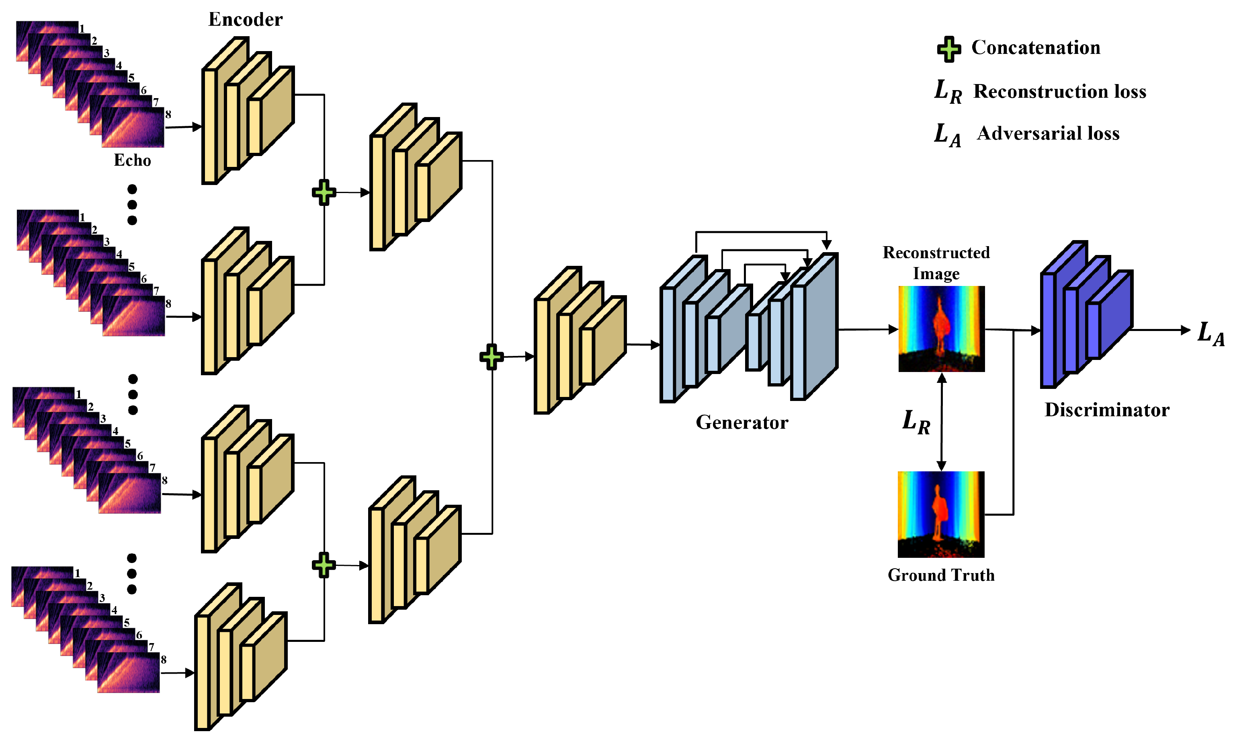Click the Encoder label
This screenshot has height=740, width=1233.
[x=245, y=19]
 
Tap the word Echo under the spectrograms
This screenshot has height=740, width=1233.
[x=132, y=160]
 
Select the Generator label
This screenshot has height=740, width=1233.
[x=742, y=422]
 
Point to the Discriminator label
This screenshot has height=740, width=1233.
[x=1107, y=410]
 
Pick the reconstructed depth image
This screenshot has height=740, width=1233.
[x=942, y=329]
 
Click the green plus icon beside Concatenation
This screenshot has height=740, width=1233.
[x=949, y=49]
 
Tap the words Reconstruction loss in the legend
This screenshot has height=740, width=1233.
[x=1060, y=91]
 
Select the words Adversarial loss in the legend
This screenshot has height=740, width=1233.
[x=1048, y=133]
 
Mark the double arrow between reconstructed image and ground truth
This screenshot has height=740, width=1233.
[x=942, y=422]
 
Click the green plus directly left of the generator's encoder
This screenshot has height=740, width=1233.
[x=491, y=357]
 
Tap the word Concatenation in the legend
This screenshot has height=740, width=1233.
[x=1036, y=48]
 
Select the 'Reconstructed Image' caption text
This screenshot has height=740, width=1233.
[x=936, y=263]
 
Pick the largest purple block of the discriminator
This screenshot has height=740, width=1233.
[x=1064, y=314]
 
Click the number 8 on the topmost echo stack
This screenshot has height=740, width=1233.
[x=168, y=114]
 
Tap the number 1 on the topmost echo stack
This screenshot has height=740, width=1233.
[x=82, y=29]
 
